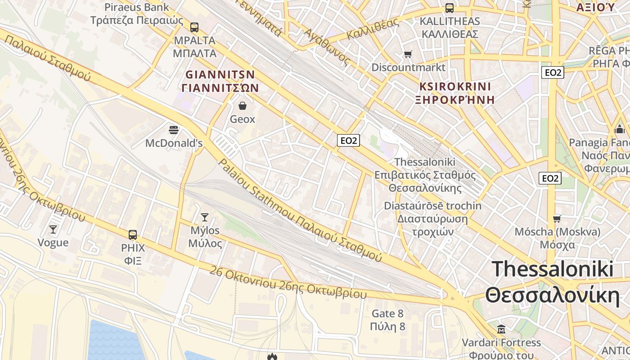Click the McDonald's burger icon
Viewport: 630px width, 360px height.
(x=174, y=130)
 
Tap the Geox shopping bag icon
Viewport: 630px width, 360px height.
(x=243, y=106)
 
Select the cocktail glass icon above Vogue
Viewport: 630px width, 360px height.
(x=53, y=229)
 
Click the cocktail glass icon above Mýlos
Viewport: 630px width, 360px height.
(x=205, y=217)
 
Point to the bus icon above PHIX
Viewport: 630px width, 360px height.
(x=133, y=234)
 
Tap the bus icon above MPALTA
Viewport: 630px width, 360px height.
(x=194, y=27)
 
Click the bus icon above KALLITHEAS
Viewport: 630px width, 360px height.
(x=449, y=8)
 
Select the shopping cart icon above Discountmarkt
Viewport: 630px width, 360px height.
(x=408, y=54)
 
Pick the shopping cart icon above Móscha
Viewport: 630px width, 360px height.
(x=557, y=219)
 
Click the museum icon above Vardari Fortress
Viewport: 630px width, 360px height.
(x=501, y=329)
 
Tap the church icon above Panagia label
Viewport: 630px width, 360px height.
(x=620, y=130)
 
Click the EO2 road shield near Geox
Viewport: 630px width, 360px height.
(x=348, y=140)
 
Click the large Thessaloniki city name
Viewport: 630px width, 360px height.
(x=552, y=270)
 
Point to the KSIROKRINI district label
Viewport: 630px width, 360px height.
(x=454, y=86)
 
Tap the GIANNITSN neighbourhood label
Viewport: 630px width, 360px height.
(x=220, y=74)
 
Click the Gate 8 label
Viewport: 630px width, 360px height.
(x=387, y=314)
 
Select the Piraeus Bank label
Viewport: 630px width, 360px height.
(x=137, y=7)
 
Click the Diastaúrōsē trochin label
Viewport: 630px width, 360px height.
(x=432, y=206)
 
